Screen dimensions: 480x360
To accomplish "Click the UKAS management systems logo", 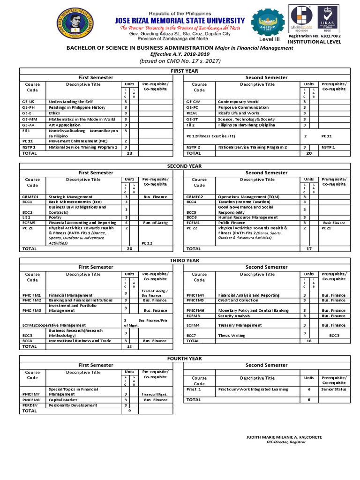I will (330, 19).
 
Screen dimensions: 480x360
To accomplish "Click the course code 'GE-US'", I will (28, 102).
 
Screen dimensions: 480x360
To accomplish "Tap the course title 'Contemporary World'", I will (238, 102).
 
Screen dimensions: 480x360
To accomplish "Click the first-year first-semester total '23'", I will (130, 153).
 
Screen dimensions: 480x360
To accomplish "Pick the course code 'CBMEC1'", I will (30, 197).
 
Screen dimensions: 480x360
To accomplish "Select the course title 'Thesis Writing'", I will (232, 336).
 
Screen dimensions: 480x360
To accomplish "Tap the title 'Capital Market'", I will (63, 400).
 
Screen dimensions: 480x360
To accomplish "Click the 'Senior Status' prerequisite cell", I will (334, 389).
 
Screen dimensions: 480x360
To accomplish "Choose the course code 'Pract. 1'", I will (193, 389).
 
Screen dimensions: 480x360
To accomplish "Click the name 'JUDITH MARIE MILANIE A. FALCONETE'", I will (284, 437).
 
